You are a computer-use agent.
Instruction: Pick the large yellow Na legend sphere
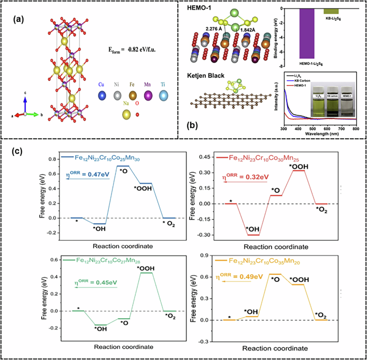tap(127, 115)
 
